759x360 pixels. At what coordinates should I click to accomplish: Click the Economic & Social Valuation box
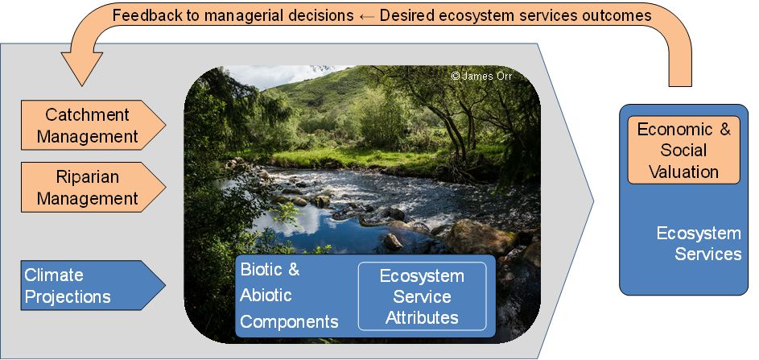683,150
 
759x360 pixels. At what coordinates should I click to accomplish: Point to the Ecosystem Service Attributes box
422,296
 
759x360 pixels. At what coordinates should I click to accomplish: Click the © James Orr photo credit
481,76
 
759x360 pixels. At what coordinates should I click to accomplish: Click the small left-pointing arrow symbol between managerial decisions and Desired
366,16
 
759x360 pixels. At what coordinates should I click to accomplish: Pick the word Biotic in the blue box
262,269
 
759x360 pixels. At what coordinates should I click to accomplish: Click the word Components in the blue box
289,321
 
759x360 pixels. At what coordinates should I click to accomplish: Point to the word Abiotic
266,295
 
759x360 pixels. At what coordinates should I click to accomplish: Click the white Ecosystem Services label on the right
699,244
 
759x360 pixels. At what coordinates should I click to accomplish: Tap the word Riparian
88,177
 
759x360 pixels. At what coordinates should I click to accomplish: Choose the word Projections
68,296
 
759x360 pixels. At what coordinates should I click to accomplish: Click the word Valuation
683,172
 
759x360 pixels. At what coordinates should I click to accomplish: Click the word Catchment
88,115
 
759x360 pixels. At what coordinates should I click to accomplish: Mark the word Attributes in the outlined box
422,317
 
